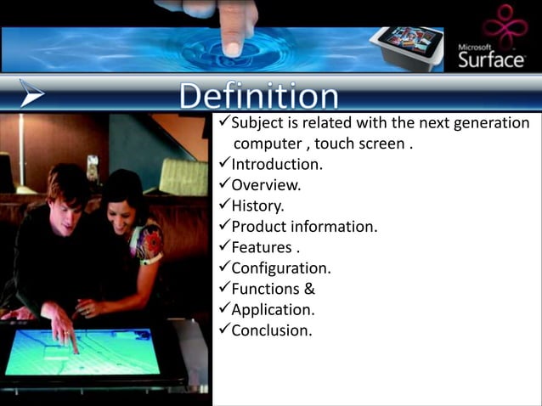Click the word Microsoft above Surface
click(477, 46)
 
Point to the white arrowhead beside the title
click(31, 93)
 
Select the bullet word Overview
click(266, 185)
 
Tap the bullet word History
click(258, 206)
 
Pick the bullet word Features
click(262, 248)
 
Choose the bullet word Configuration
click(281, 268)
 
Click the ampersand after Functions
click(309, 289)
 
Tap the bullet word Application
click(273, 309)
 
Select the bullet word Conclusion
click(271, 330)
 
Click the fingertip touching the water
click(231, 47)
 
